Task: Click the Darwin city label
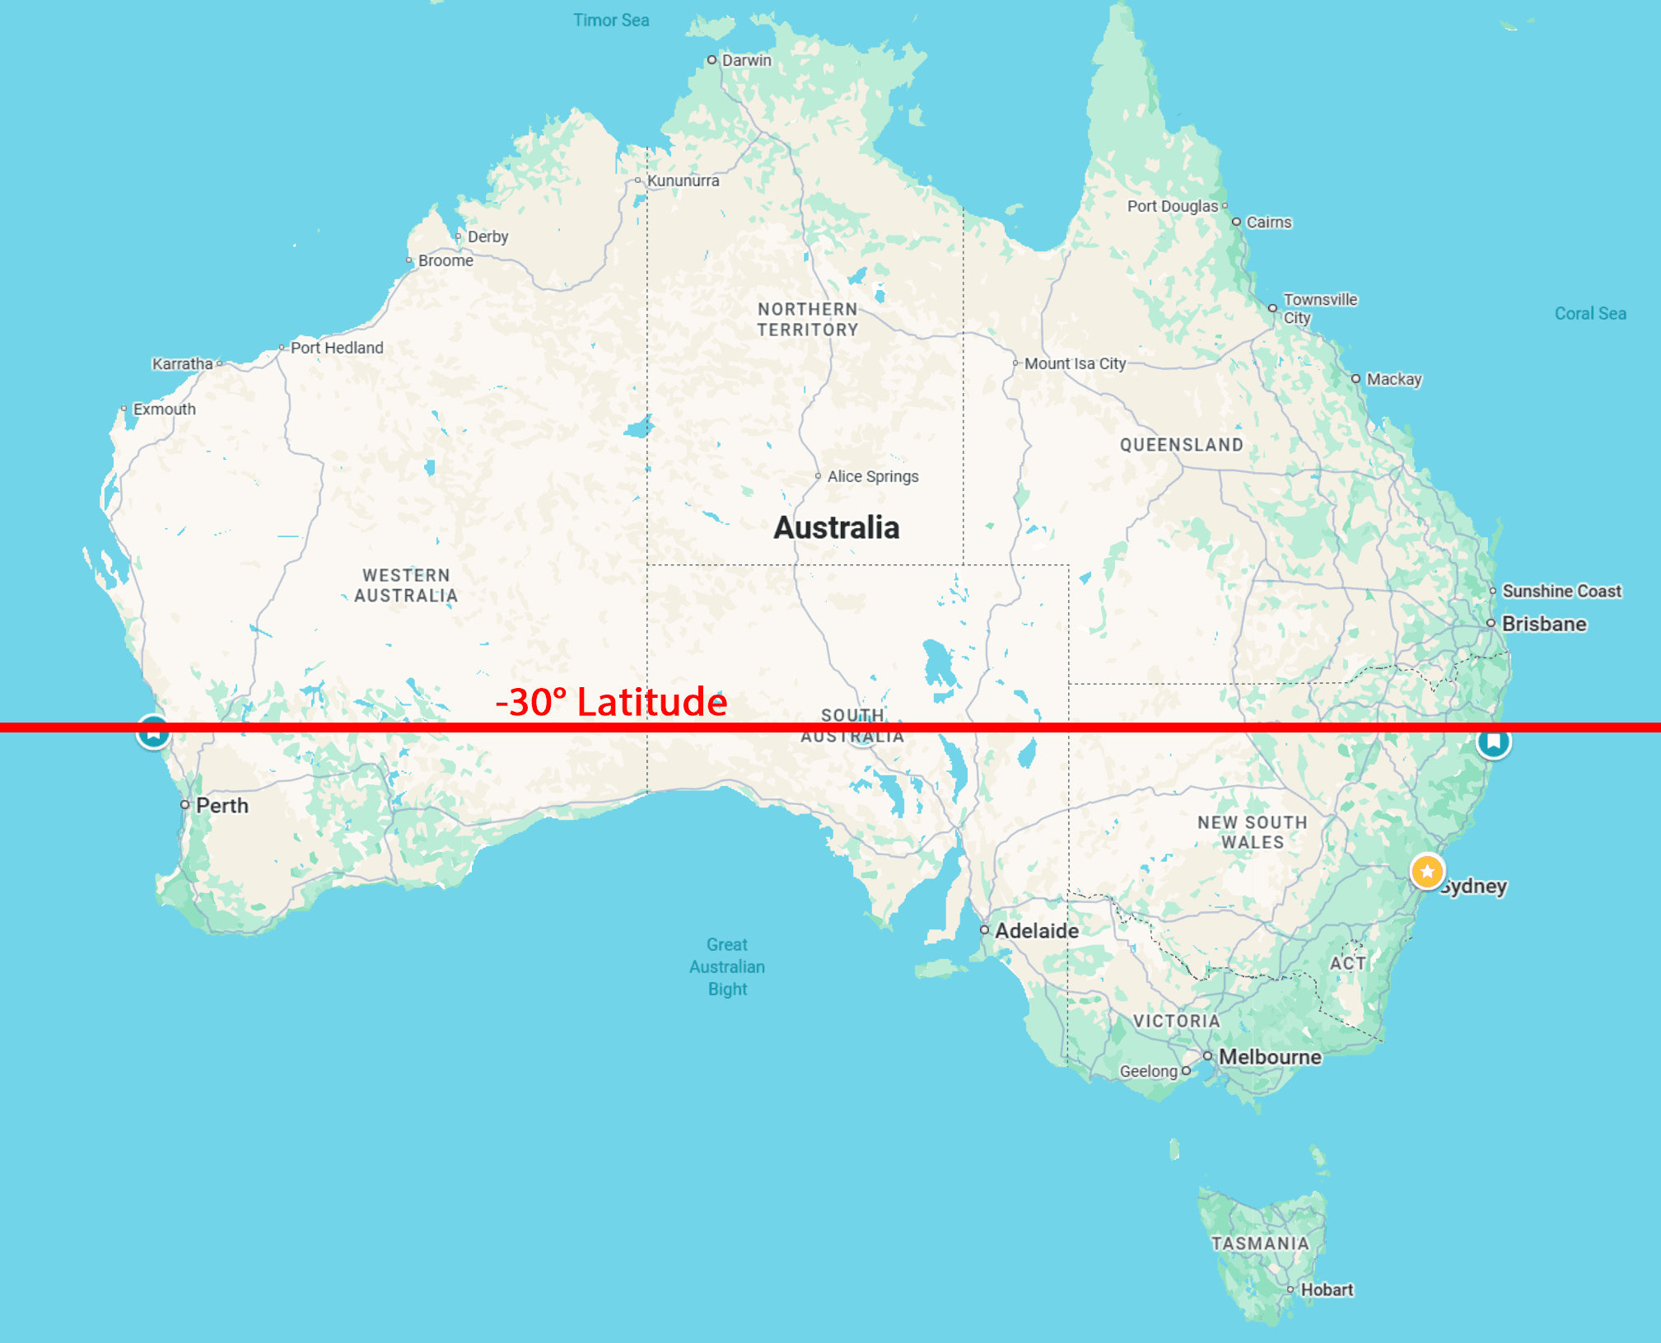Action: [746, 60]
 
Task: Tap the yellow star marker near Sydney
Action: [1427, 871]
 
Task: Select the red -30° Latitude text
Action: [611, 702]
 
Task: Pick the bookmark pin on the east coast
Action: [1493, 742]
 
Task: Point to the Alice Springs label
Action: [872, 476]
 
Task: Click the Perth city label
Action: [222, 805]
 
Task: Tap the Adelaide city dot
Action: [984, 930]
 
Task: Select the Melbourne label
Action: [1269, 1056]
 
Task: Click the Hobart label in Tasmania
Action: [1326, 1289]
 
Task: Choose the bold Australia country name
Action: [836, 527]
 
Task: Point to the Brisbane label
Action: [1543, 624]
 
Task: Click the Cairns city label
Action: [1268, 222]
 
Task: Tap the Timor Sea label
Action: [611, 21]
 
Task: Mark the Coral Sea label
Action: [1589, 313]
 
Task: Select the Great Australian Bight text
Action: [727, 966]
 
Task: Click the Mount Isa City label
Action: [1075, 363]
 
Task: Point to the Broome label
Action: [446, 260]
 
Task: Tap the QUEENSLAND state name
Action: [1181, 445]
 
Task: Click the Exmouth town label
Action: [164, 409]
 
